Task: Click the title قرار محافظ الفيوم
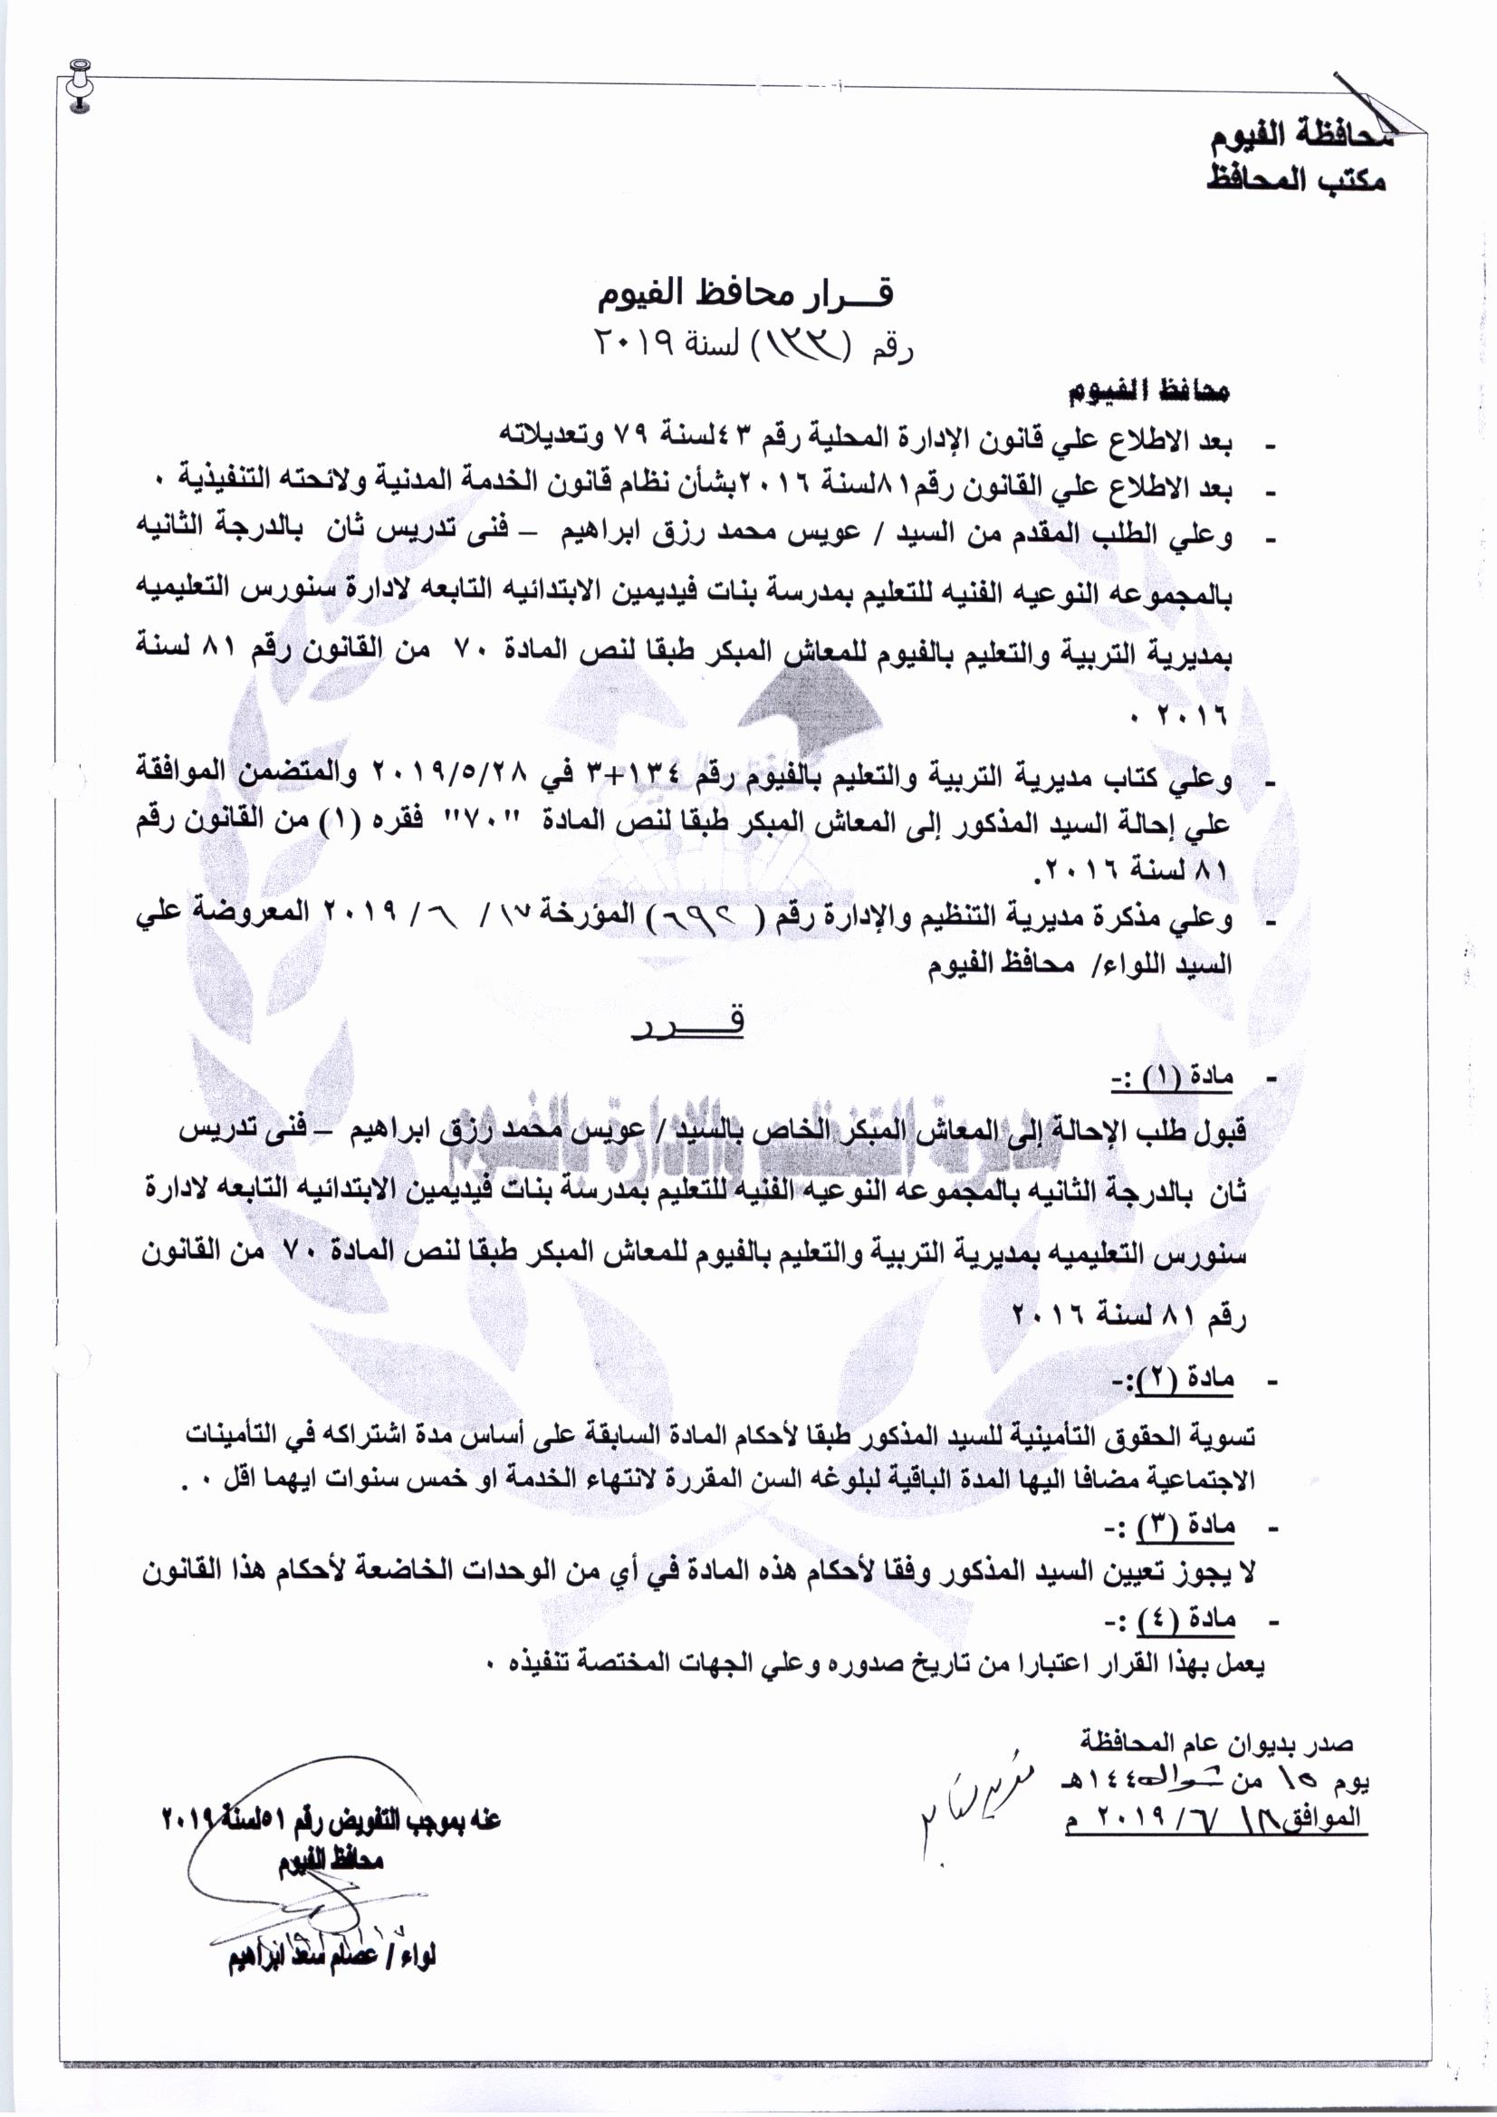(x=747, y=294)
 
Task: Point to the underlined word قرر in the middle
(x=688, y=1024)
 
